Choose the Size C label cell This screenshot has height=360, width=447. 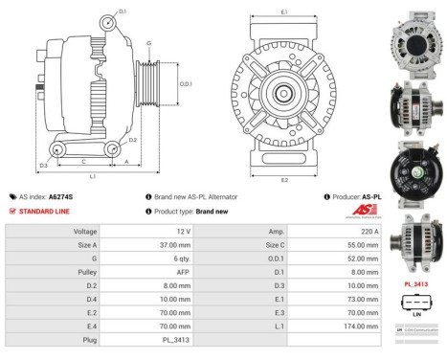tap(249, 245)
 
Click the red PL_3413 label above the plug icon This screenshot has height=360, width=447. tap(415, 284)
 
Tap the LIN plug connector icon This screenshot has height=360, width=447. tap(415, 304)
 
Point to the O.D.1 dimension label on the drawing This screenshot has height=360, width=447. tap(187, 85)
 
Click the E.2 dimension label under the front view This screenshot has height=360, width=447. tap(284, 179)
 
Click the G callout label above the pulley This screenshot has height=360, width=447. tap(148, 43)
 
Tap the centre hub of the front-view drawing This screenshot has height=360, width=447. tap(284, 93)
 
